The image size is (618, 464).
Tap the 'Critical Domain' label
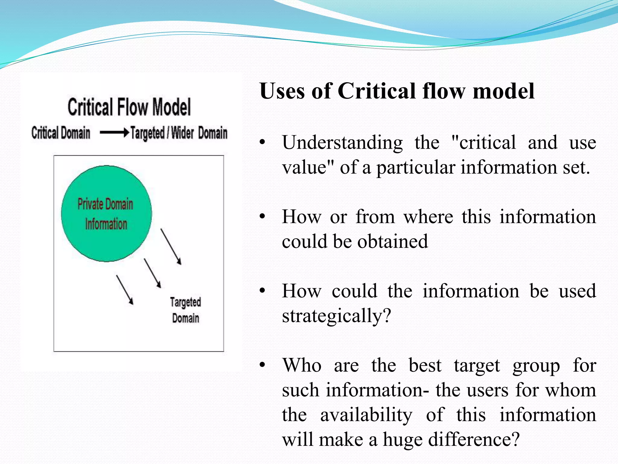coord(61,133)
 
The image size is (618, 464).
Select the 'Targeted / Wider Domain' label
coord(179,133)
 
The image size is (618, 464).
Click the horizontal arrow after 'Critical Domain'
coord(114,133)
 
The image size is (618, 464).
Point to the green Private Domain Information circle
coord(106,213)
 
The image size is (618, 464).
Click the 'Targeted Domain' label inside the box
coord(185,310)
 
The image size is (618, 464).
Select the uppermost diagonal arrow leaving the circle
coord(171,246)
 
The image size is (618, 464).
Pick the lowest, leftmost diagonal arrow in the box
coord(125,290)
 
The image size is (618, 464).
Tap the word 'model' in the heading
coord(504,91)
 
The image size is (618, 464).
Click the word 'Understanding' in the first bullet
coord(342,143)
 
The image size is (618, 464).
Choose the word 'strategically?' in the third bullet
coord(336,316)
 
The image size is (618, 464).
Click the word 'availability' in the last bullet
coord(366,415)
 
